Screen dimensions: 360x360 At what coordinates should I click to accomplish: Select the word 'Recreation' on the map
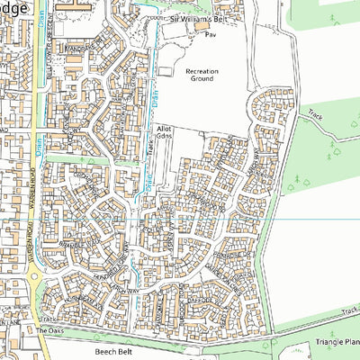[x=202, y=70]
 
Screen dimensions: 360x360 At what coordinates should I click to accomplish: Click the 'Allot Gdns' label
[x=164, y=135]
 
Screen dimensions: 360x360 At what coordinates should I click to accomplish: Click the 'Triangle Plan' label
[x=333, y=342]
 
